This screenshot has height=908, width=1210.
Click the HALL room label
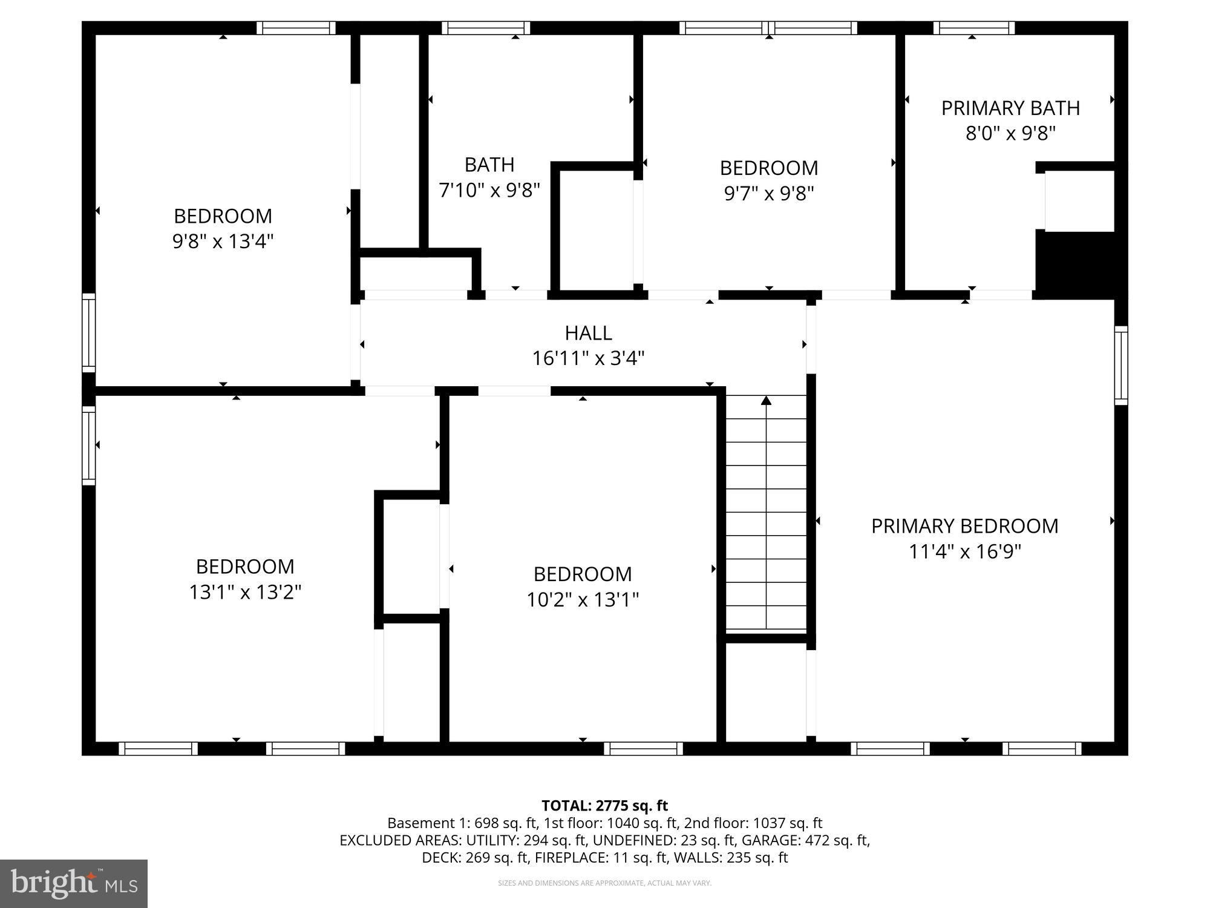click(588, 333)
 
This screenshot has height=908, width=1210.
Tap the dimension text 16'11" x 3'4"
click(588, 358)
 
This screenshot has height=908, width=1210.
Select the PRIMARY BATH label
click(1010, 108)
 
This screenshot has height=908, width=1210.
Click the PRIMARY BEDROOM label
click(964, 526)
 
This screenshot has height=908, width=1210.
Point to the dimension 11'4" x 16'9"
click(964, 552)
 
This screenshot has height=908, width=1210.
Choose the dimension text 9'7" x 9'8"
click(768, 194)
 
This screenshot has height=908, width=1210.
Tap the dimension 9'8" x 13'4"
click(223, 242)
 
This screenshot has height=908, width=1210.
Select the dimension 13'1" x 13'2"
click(245, 592)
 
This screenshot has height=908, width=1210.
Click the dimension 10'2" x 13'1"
click(582, 600)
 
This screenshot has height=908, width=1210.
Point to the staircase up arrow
click(766, 401)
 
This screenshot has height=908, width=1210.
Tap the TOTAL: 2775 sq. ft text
click(604, 806)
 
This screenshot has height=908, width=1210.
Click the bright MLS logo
click(73, 884)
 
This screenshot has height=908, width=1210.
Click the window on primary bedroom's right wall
click(1121, 365)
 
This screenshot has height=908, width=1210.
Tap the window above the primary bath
click(973, 28)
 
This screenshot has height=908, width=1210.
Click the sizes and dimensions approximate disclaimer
click(604, 883)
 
